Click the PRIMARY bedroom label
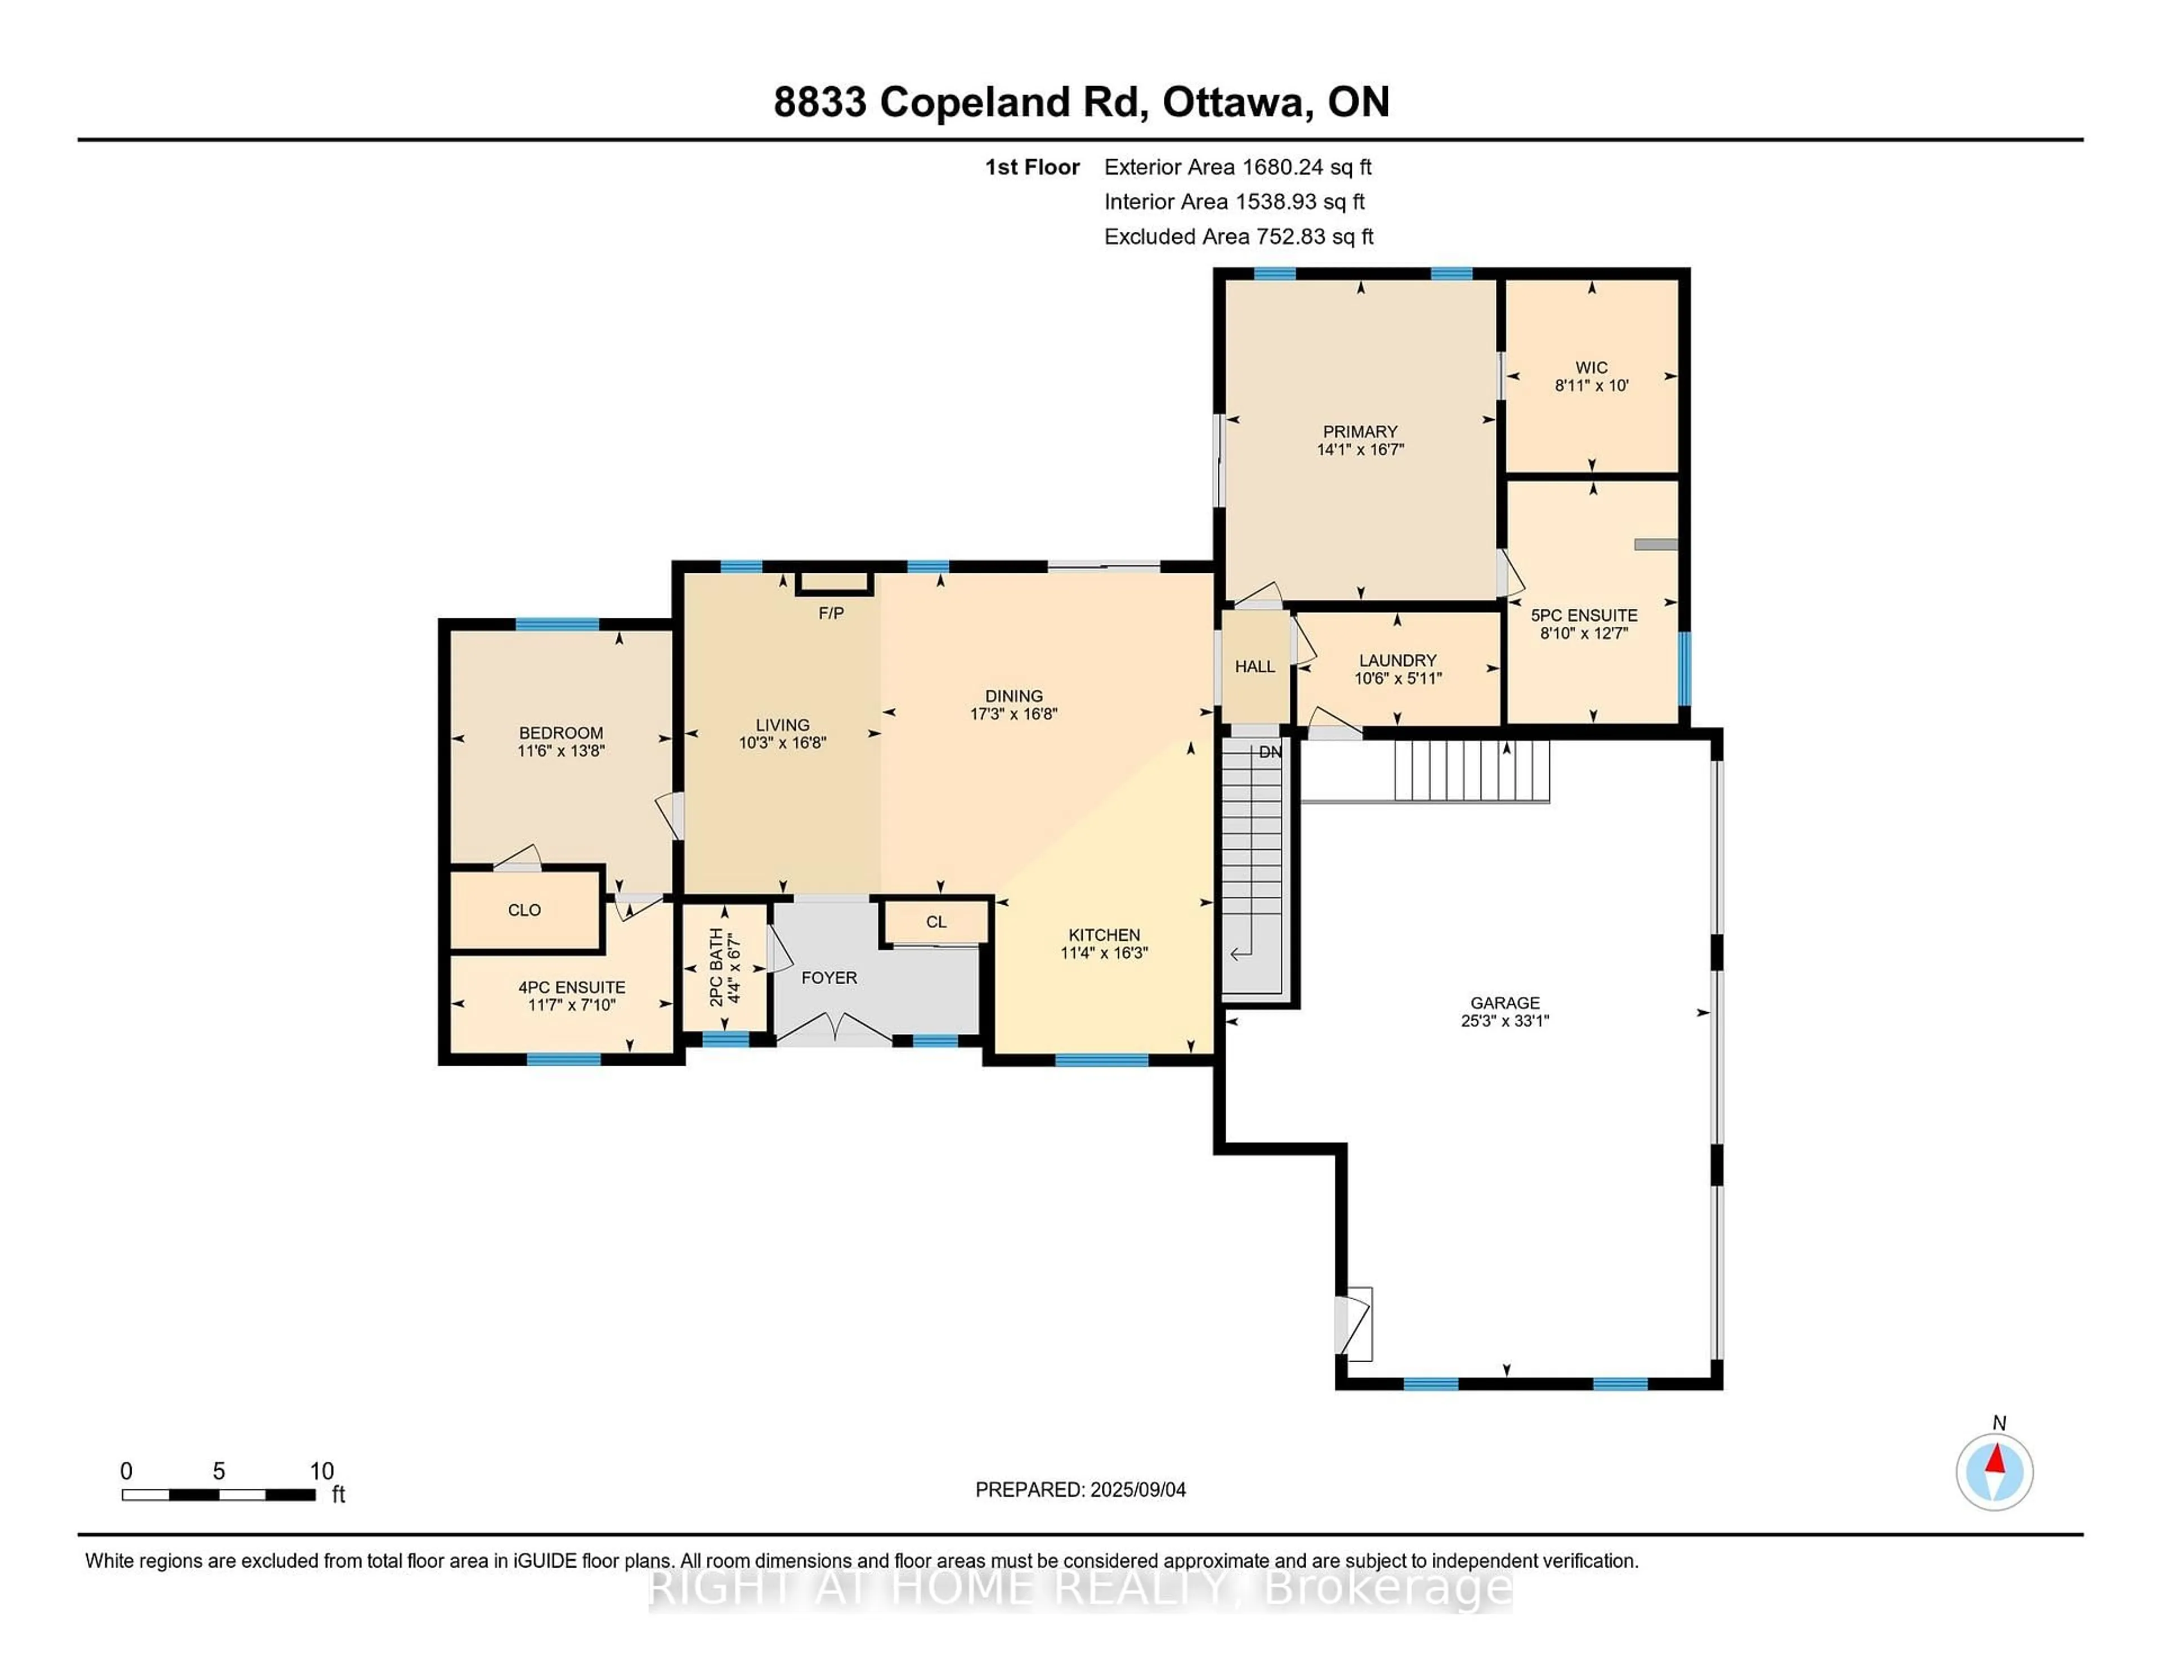[1360, 432]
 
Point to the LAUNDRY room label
[1397, 660]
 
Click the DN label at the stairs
[1270, 752]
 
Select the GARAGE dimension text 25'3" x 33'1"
[1504, 1021]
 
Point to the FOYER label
[829, 977]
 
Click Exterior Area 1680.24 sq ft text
[1237, 167]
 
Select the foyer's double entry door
[834, 1029]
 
